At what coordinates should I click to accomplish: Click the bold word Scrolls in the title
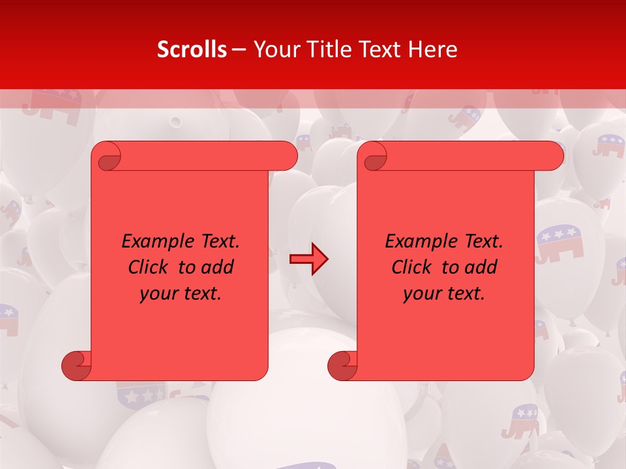click(x=192, y=50)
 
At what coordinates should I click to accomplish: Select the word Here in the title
click(x=432, y=50)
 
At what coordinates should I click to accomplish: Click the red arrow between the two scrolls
click(x=309, y=259)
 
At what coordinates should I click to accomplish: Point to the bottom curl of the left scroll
click(x=76, y=365)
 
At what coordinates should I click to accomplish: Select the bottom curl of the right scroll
click(x=342, y=365)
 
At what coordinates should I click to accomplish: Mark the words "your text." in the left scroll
click(x=181, y=293)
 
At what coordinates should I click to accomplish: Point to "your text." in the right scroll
click(x=444, y=293)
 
